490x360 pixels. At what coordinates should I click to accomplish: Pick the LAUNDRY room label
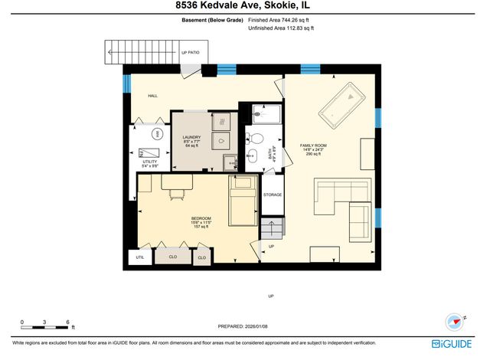(191, 138)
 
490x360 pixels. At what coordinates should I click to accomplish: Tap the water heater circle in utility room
(158, 134)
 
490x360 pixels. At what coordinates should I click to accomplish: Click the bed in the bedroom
(243, 199)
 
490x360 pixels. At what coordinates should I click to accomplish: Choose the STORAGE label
(273, 195)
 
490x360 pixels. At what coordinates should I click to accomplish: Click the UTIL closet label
(139, 257)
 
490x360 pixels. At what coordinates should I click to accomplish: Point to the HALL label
(152, 95)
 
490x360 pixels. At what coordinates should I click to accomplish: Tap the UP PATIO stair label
(190, 53)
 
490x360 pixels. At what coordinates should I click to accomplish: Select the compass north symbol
(450, 322)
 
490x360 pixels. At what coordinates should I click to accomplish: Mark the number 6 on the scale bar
(68, 322)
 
